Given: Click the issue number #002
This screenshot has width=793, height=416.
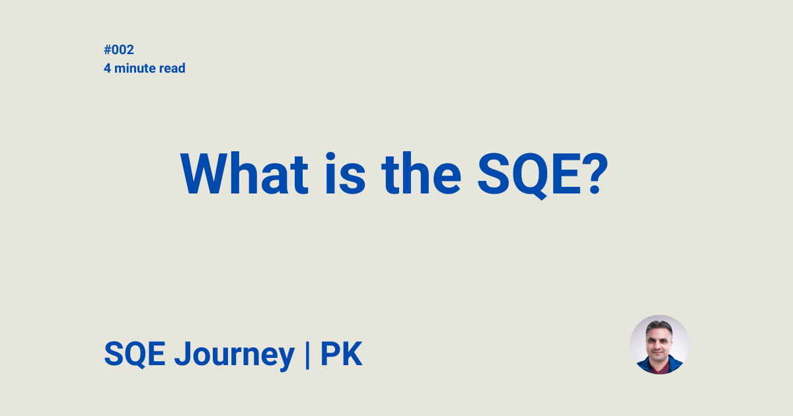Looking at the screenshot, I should [x=119, y=50].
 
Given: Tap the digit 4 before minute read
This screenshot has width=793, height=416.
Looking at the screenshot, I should [x=107, y=68].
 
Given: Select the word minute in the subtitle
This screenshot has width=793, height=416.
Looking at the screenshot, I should [x=134, y=68].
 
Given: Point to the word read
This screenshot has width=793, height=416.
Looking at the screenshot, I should [x=172, y=68].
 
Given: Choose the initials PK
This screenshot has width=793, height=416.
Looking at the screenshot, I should [x=342, y=355].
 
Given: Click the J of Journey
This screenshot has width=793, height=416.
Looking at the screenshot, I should [x=182, y=355].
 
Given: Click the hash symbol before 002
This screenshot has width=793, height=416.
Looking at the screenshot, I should [x=108, y=50].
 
